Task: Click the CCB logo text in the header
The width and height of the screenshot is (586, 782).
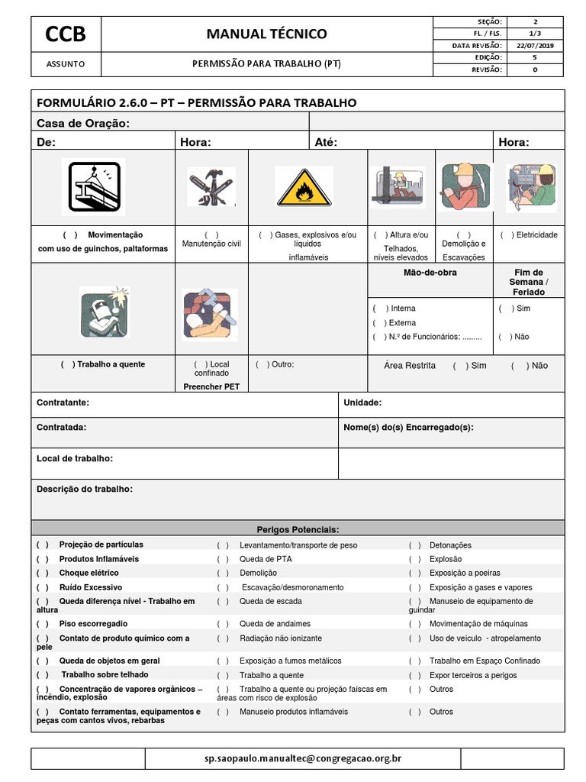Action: click(65, 34)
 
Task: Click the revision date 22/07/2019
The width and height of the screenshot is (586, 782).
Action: click(534, 46)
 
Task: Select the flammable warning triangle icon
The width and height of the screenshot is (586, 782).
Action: click(304, 188)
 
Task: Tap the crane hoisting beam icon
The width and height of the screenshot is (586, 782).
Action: click(93, 187)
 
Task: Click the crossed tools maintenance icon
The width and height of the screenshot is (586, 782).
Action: click(211, 188)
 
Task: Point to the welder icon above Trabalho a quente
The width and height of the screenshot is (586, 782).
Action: click(104, 311)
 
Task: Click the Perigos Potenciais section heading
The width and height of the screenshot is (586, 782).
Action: click(298, 529)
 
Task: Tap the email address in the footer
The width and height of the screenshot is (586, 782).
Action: click(303, 758)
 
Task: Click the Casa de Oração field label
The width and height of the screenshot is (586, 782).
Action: click(83, 124)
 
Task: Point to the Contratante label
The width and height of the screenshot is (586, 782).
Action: click(63, 402)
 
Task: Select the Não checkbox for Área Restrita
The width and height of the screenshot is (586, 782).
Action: click(519, 366)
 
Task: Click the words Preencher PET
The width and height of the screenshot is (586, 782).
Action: click(211, 386)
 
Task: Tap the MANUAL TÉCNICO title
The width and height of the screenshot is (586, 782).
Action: click(266, 34)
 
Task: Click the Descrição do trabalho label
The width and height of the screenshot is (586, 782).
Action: click(84, 489)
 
